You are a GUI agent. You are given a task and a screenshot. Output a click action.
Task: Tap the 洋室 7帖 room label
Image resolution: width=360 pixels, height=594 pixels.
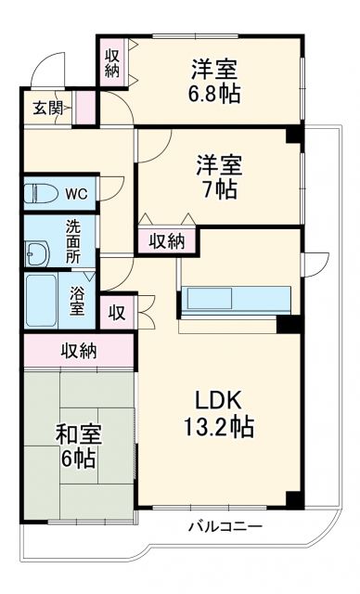[x=219, y=177]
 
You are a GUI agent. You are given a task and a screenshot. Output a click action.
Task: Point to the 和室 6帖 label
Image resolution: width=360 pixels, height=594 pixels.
[x=78, y=446]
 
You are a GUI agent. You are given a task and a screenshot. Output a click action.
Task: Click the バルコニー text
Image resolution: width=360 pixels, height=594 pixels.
[x=225, y=527]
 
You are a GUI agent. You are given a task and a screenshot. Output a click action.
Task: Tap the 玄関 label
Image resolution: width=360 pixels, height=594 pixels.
[x=48, y=108]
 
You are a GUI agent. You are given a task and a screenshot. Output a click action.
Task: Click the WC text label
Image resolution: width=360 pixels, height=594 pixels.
[x=76, y=195]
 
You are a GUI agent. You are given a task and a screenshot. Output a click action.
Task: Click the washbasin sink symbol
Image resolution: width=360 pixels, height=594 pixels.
[x=39, y=252]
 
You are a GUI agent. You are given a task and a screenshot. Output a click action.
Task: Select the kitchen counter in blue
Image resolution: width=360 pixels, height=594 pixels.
[x=238, y=299]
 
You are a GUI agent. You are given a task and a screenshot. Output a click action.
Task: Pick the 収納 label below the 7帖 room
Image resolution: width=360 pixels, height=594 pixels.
[x=167, y=241]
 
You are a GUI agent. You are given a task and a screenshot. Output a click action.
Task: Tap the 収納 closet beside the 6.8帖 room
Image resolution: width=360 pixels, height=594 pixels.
[x=111, y=63]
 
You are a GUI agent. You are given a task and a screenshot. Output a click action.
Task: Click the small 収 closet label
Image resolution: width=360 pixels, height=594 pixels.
[x=117, y=312]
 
